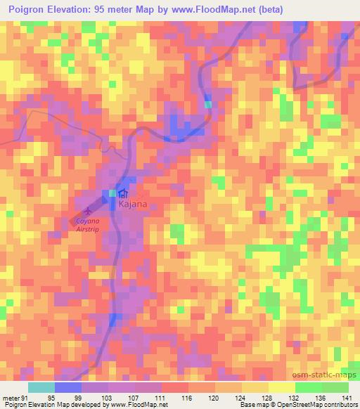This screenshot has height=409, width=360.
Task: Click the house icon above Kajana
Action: (123, 193)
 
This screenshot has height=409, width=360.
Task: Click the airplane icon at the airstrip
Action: (88, 210)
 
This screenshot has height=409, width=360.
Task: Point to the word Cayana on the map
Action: (88, 220)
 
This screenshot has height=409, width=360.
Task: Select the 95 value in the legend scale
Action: (51, 397)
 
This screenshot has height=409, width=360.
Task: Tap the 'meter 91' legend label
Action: (15, 397)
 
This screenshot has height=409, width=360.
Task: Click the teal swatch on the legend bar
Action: (41, 387)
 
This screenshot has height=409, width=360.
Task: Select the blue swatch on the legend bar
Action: (68, 387)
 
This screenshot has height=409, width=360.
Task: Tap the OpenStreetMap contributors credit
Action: (310, 405)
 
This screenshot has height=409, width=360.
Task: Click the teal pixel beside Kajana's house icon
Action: (111, 193)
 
